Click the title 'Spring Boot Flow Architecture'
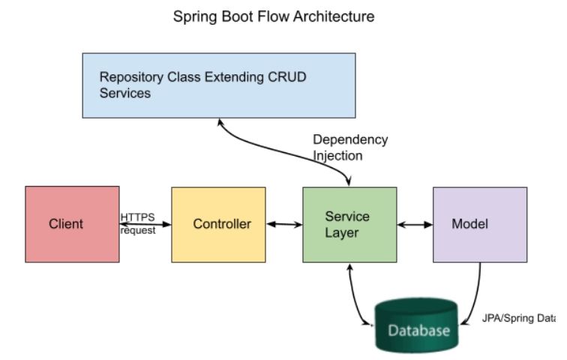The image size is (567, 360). (x=274, y=16)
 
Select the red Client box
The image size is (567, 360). (x=72, y=223)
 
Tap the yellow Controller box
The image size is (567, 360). (x=217, y=223)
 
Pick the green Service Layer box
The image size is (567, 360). (x=349, y=223)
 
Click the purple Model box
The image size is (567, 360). (x=479, y=223)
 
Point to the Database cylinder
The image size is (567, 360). (x=415, y=325)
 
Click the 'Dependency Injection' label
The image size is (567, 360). (x=349, y=148)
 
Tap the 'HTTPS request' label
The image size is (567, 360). (x=138, y=223)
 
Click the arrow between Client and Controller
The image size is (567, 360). (x=145, y=223)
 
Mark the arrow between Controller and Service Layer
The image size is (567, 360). (x=283, y=223)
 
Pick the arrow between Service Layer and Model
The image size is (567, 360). (x=415, y=223)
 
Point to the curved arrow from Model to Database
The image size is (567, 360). (x=475, y=296)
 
